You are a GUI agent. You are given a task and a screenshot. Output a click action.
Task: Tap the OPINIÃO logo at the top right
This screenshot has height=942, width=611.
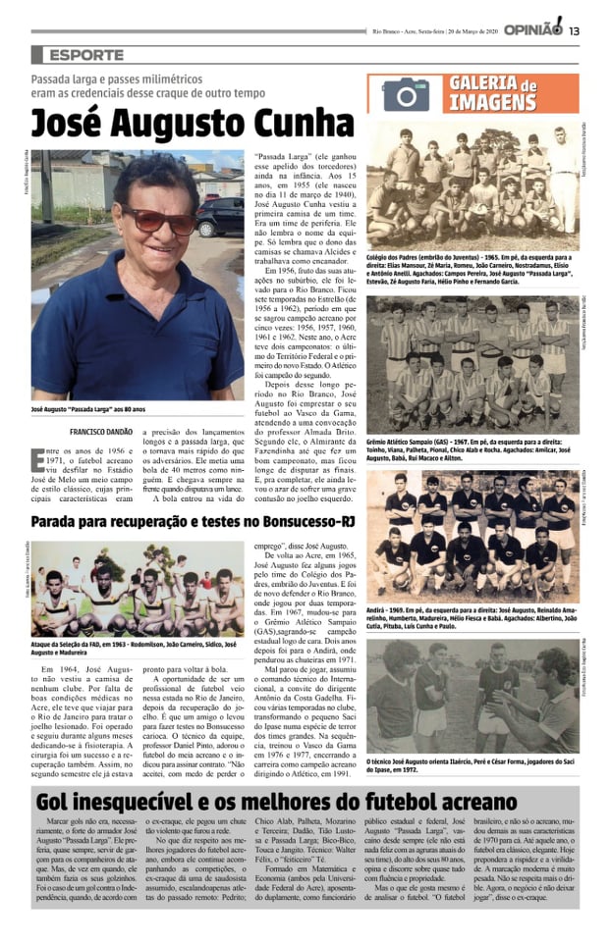point(532,28)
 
